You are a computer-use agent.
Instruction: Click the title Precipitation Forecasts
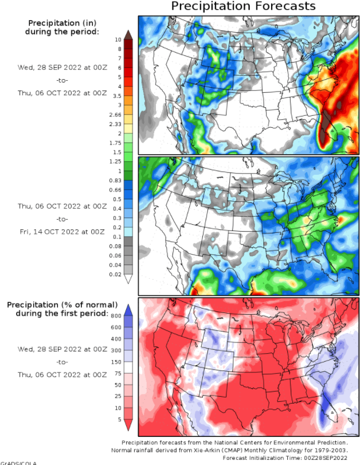(x=243, y=7)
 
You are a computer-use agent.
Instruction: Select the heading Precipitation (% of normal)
(x=62, y=304)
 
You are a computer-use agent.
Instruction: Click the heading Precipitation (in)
(x=62, y=23)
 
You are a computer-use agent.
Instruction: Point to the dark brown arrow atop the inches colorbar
(x=128, y=34)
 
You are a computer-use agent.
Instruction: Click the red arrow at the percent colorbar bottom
(x=128, y=424)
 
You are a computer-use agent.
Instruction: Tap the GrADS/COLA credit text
(x=19, y=463)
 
